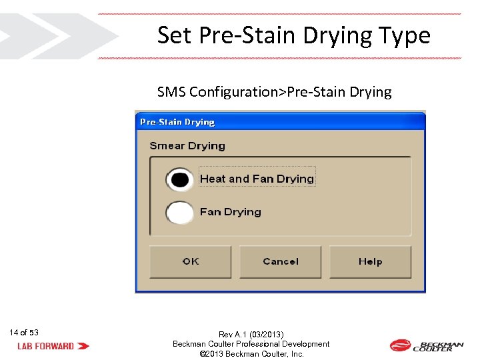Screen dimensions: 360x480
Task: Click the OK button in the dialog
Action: pyautogui.click(x=191, y=262)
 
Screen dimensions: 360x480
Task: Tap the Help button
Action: pyautogui.click(x=370, y=262)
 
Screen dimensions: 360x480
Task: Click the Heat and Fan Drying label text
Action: pyautogui.click(x=257, y=179)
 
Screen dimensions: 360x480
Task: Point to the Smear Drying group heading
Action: pyautogui.click(x=187, y=146)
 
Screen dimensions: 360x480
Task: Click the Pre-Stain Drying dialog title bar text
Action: pyautogui.click(x=177, y=122)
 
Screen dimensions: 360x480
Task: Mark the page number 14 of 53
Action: pyautogui.click(x=24, y=333)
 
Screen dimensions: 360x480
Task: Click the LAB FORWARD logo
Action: pyautogui.click(x=53, y=346)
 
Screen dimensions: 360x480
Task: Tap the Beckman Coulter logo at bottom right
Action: pyautogui.click(x=427, y=345)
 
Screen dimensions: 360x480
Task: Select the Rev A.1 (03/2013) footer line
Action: pyautogui.click(x=251, y=334)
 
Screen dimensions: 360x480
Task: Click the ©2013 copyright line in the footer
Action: pyautogui.click(x=251, y=354)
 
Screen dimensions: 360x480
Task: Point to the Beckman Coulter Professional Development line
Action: pyautogui.click(x=251, y=344)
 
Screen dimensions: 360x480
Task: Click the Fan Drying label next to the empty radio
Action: pyautogui.click(x=231, y=212)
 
